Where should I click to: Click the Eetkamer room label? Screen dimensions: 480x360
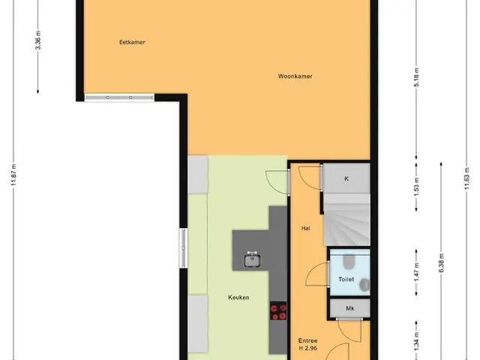(132, 42)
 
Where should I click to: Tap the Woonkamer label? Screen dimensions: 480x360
(295, 76)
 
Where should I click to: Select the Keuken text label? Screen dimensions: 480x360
(238, 297)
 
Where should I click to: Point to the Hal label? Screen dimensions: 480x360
(305, 228)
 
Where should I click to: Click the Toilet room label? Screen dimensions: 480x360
(346, 279)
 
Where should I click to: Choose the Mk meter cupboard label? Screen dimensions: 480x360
(350, 308)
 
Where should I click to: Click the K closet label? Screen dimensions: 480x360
(346, 178)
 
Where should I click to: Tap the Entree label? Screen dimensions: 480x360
(307, 340)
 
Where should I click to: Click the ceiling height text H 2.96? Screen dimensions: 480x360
(308, 348)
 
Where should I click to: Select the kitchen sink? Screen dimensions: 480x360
(253, 260)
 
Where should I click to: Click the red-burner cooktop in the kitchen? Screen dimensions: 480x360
(278, 311)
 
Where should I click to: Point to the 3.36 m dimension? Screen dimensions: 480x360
(38, 40)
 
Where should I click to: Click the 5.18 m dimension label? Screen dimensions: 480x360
(416, 77)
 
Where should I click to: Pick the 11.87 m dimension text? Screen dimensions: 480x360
(13, 175)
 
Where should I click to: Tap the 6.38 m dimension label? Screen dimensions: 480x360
(441, 263)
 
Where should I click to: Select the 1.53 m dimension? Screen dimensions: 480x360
(416, 187)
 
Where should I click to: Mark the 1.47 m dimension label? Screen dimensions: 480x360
(416, 272)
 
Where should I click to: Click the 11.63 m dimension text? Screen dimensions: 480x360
(466, 178)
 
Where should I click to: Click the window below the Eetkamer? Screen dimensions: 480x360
(119, 97)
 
